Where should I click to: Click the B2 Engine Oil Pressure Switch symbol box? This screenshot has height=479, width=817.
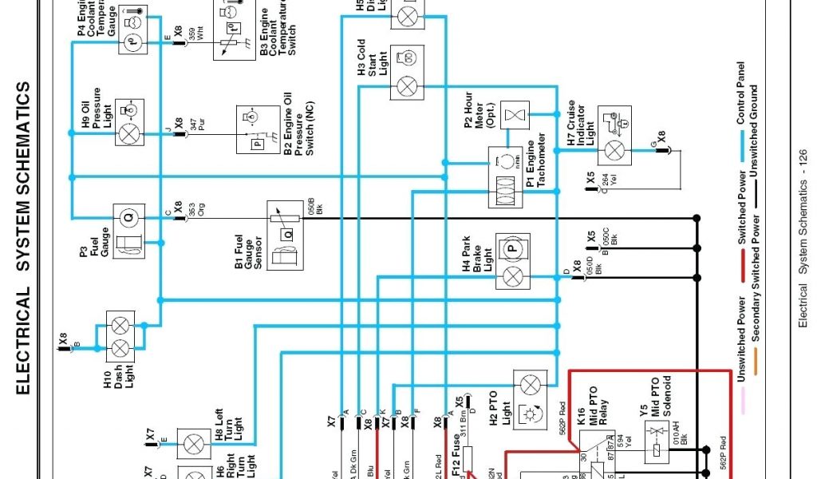pyautogui.click(x=259, y=127)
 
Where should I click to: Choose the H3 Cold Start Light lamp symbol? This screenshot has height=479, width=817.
pyautogui.click(x=406, y=83)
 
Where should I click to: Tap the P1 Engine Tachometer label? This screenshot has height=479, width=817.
pyautogui.click(x=536, y=164)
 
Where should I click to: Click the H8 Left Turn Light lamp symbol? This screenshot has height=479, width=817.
pyautogui.click(x=192, y=444)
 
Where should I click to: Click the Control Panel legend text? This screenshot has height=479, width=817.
pyautogui.click(x=740, y=93)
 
